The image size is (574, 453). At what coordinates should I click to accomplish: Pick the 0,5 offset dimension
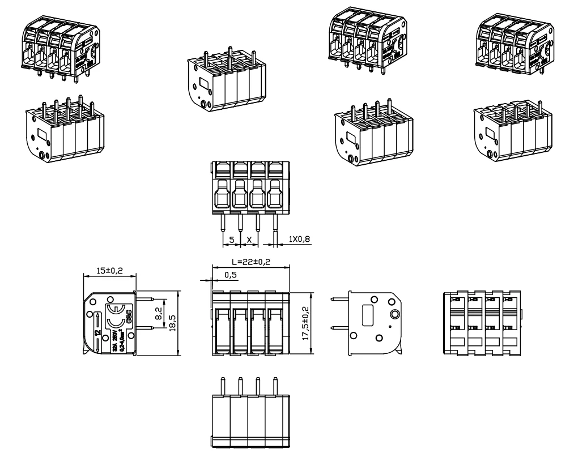[x=231, y=275]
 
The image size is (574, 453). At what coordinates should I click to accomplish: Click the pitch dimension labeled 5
[x=232, y=240]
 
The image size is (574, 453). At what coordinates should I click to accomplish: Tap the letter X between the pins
[x=249, y=240]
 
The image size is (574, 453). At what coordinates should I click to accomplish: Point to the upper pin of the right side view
[x=339, y=300]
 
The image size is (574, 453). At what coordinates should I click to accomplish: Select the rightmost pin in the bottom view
[x=275, y=385]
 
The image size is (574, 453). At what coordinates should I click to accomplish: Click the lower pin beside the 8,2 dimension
[x=146, y=327]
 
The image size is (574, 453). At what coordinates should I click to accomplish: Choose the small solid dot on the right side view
[x=389, y=327]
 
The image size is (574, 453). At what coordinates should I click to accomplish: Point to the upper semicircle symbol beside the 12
[x=115, y=309]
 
